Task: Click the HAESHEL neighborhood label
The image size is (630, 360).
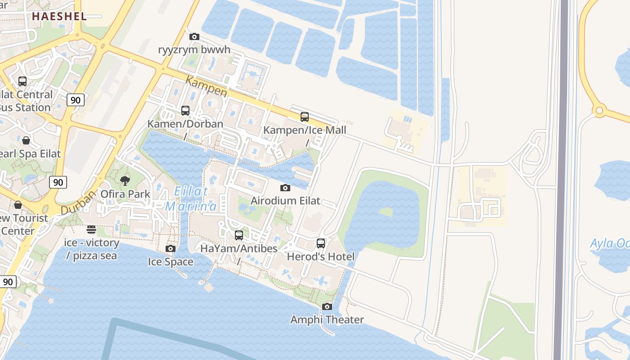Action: tap(59, 17)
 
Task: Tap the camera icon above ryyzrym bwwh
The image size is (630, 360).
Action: tap(194, 36)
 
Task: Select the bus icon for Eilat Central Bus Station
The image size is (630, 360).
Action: tap(22, 81)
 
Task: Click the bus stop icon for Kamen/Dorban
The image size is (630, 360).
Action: tap(185, 111)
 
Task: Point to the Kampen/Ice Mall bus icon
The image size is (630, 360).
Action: tap(305, 117)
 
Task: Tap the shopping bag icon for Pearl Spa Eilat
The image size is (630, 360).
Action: tap(26, 140)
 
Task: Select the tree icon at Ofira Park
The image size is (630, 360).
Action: tap(125, 181)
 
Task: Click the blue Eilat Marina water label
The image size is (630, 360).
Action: tap(191, 198)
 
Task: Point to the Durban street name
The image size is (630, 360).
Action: tap(79, 202)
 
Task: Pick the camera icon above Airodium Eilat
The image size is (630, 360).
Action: tap(285, 188)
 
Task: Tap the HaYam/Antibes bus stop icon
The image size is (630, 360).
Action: tap(239, 235)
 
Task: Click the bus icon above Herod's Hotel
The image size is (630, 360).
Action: tap(321, 243)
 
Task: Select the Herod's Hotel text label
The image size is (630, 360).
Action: tap(321, 256)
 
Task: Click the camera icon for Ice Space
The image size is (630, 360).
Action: tap(171, 249)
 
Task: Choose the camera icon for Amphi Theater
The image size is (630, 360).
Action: tap(327, 307)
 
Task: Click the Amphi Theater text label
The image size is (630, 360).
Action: tap(327, 320)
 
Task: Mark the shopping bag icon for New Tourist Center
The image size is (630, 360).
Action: tap(18, 205)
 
